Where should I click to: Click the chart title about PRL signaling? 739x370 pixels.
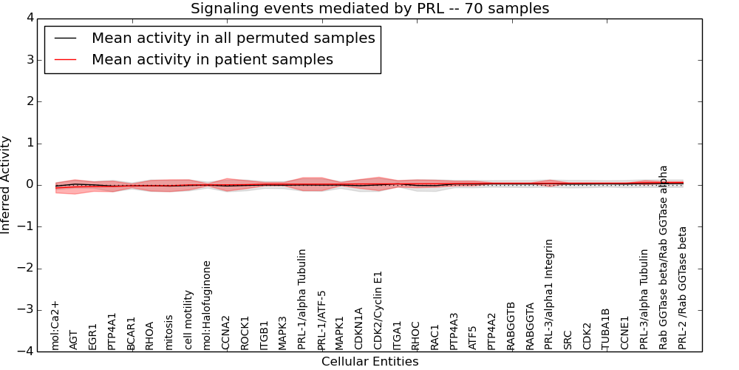tap(369, 9)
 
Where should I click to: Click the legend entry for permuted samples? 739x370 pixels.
tap(233, 38)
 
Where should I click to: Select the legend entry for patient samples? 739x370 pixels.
tap(212, 59)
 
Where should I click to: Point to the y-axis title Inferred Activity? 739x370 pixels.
tap(6, 185)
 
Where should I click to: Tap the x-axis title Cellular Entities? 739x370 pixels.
tap(369, 362)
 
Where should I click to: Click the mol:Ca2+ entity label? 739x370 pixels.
tap(55, 325)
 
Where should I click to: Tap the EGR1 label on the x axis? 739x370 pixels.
tap(93, 336)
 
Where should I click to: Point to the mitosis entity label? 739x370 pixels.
tap(169, 332)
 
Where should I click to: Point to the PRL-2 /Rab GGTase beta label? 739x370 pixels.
tap(682, 288)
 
